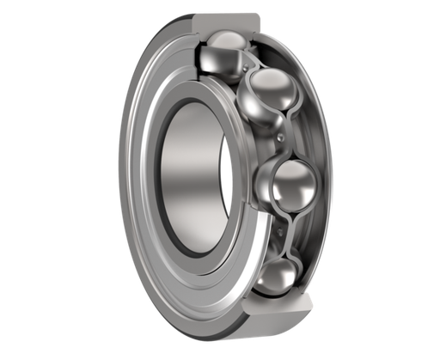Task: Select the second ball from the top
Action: pos(271,95)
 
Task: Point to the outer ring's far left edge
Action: pos(119,172)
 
